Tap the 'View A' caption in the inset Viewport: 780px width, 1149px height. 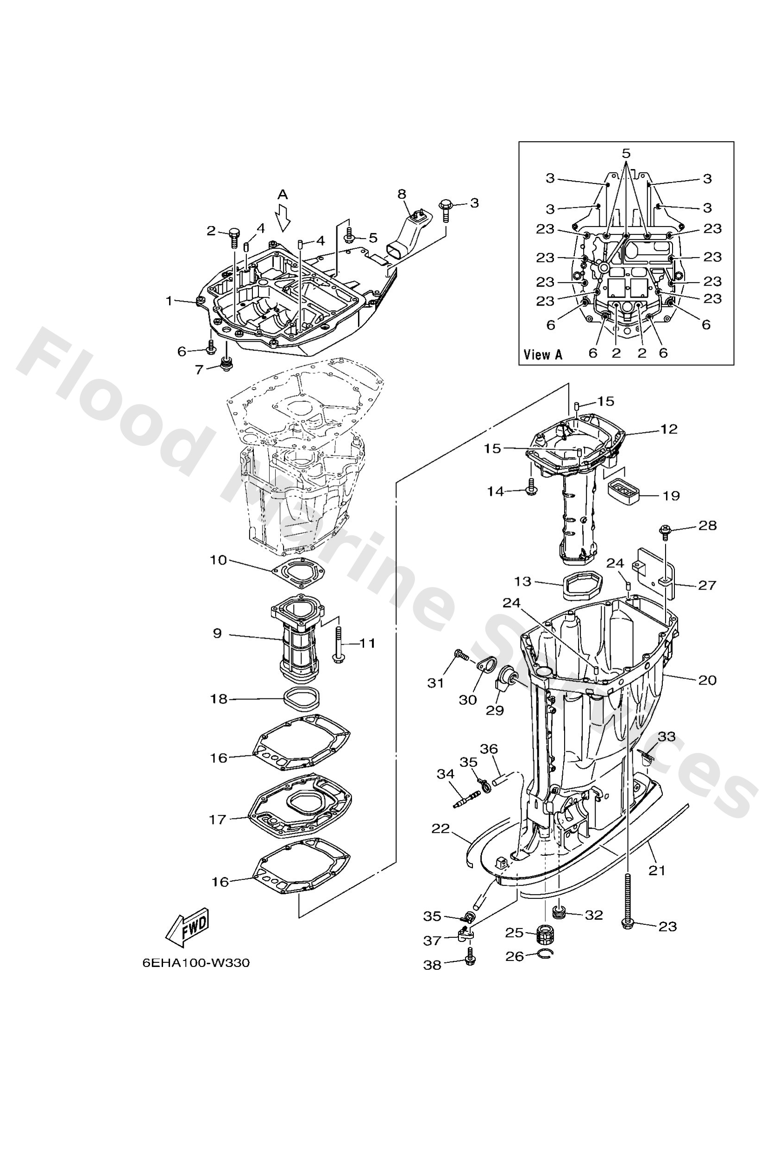tap(542, 354)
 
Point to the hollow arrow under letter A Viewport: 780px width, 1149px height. tap(283, 219)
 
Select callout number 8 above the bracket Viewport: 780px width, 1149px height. tap(402, 194)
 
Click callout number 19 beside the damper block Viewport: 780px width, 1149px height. tap(671, 496)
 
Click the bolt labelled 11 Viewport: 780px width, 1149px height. tap(339, 644)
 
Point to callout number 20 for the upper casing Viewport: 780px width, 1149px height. tap(707, 680)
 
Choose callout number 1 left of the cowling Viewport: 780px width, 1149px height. tap(169, 300)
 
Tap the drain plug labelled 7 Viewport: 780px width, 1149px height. tap(227, 366)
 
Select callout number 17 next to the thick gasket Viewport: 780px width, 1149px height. tap(218, 819)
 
